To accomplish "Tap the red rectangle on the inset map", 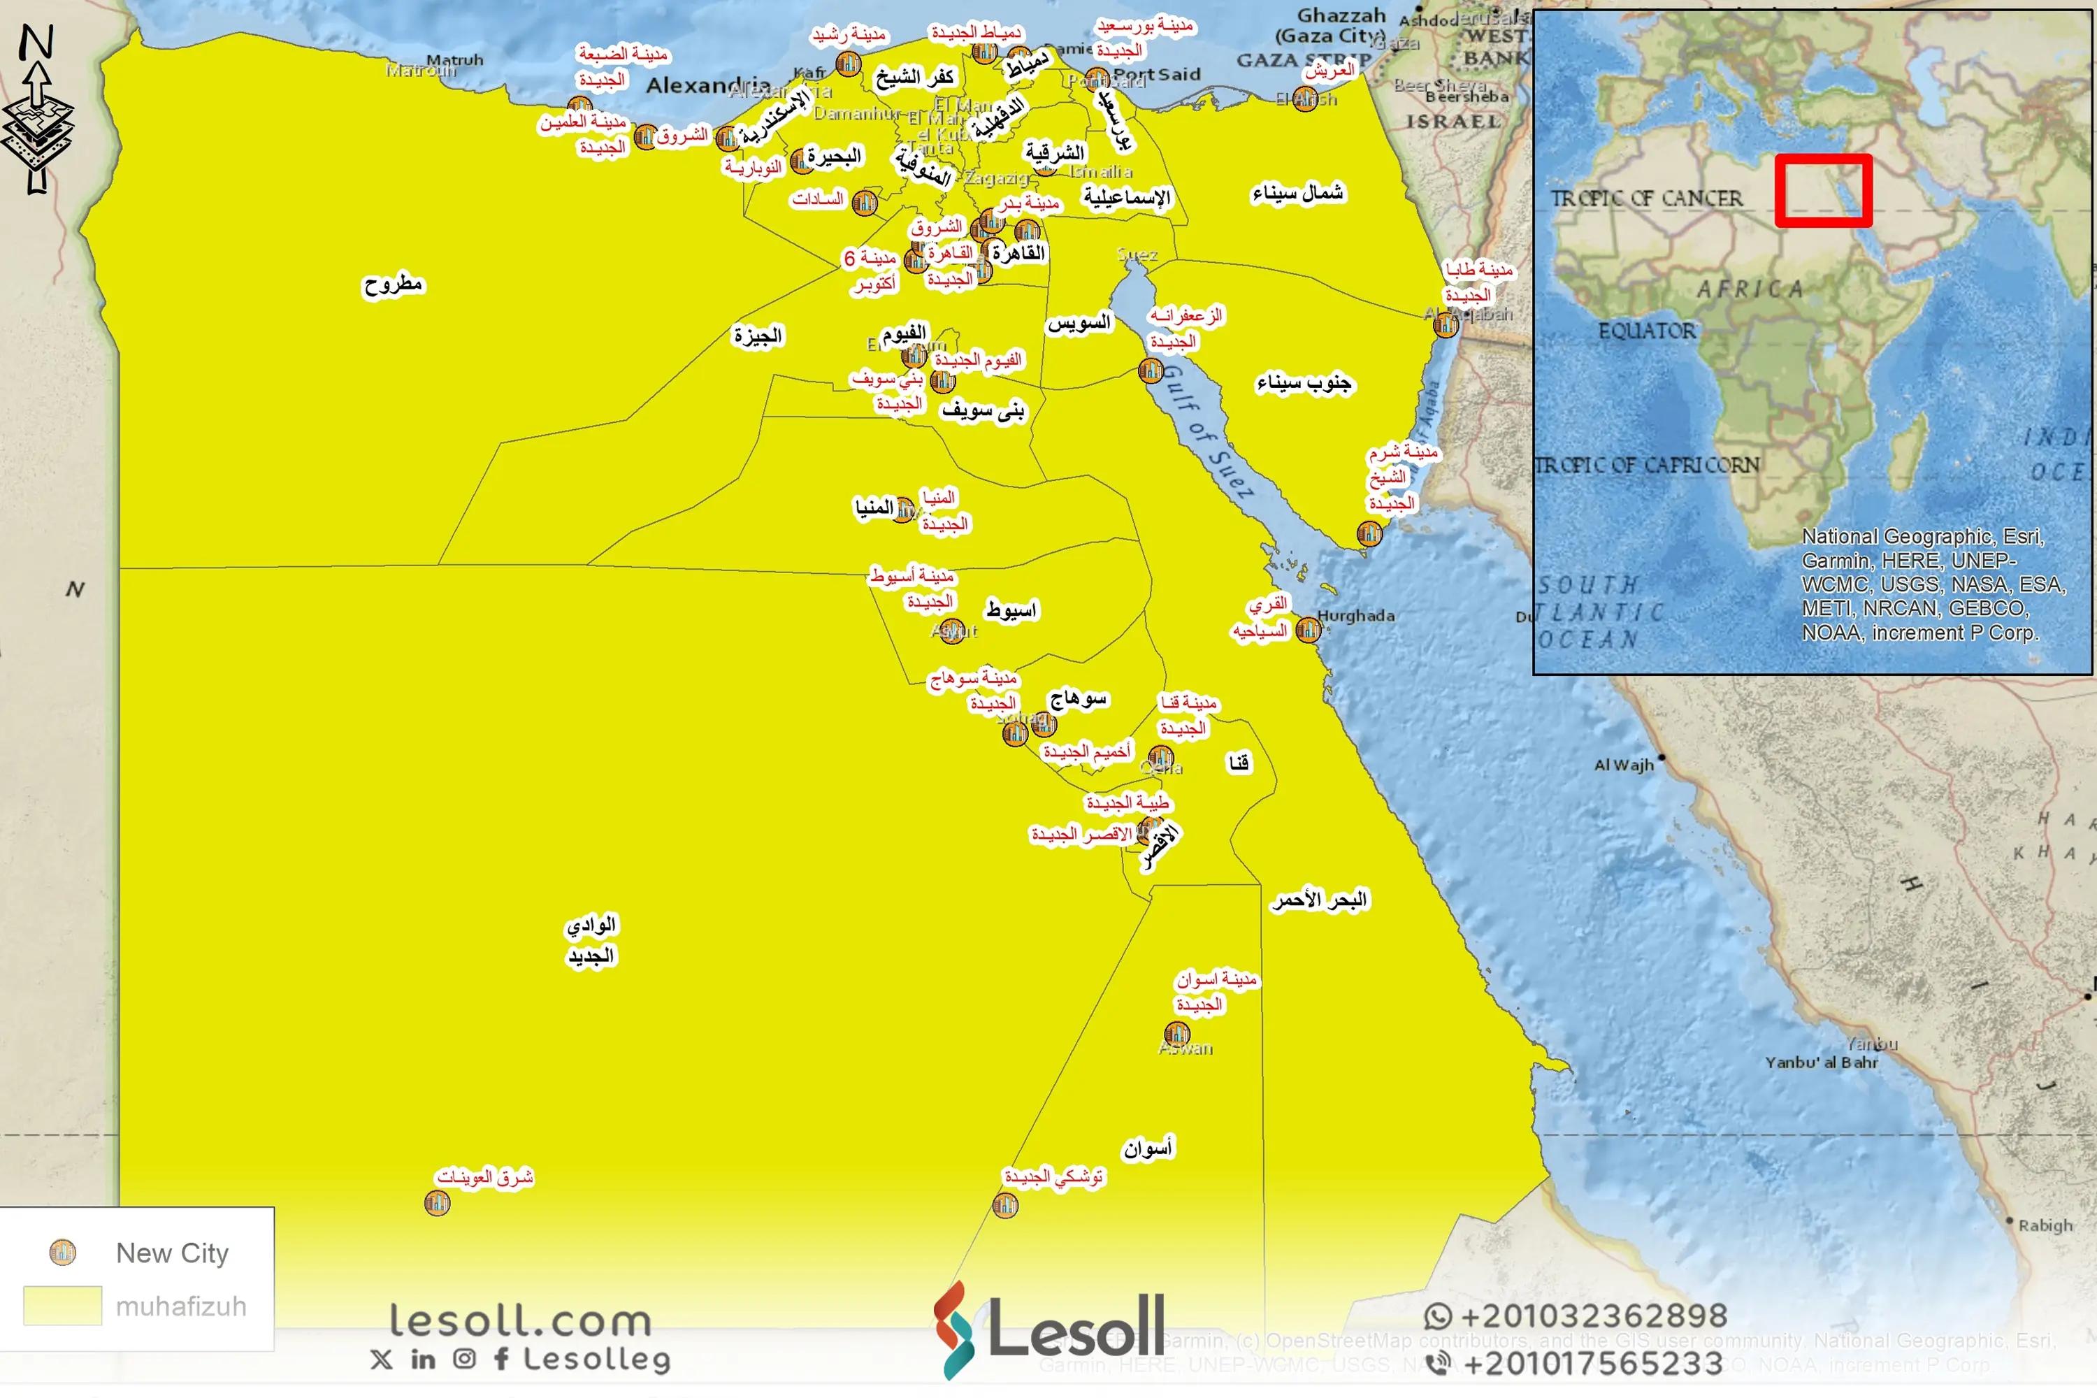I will (x=1822, y=190).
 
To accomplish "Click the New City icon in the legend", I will (x=62, y=1253).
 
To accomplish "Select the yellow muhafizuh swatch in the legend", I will (x=62, y=1305).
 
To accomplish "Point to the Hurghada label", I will (x=1355, y=615).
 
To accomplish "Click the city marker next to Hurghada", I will (x=1308, y=630).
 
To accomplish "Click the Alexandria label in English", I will (x=708, y=85).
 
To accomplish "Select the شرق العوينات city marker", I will (x=437, y=1204).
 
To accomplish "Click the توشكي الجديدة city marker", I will (x=1005, y=1205).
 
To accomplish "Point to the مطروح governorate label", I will (x=393, y=285).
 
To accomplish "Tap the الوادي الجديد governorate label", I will (x=590, y=941).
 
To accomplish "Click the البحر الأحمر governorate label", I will (x=1320, y=900).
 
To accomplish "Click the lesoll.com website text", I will (x=521, y=1320).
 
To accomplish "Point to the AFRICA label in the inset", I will (x=1750, y=289).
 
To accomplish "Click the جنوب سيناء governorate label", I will (x=1304, y=383).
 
